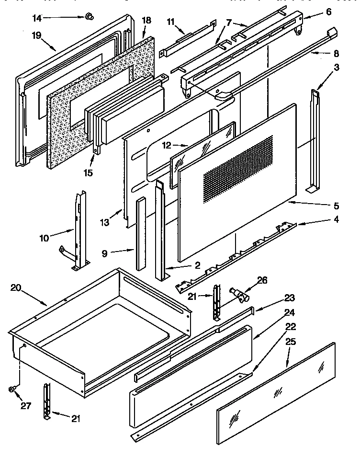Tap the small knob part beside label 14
coord(88,18)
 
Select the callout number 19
coord(37,35)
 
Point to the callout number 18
coord(146,21)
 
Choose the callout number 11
coord(171,22)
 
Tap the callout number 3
coord(337,68)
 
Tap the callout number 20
coord(15,287)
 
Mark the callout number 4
coord(337,220)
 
